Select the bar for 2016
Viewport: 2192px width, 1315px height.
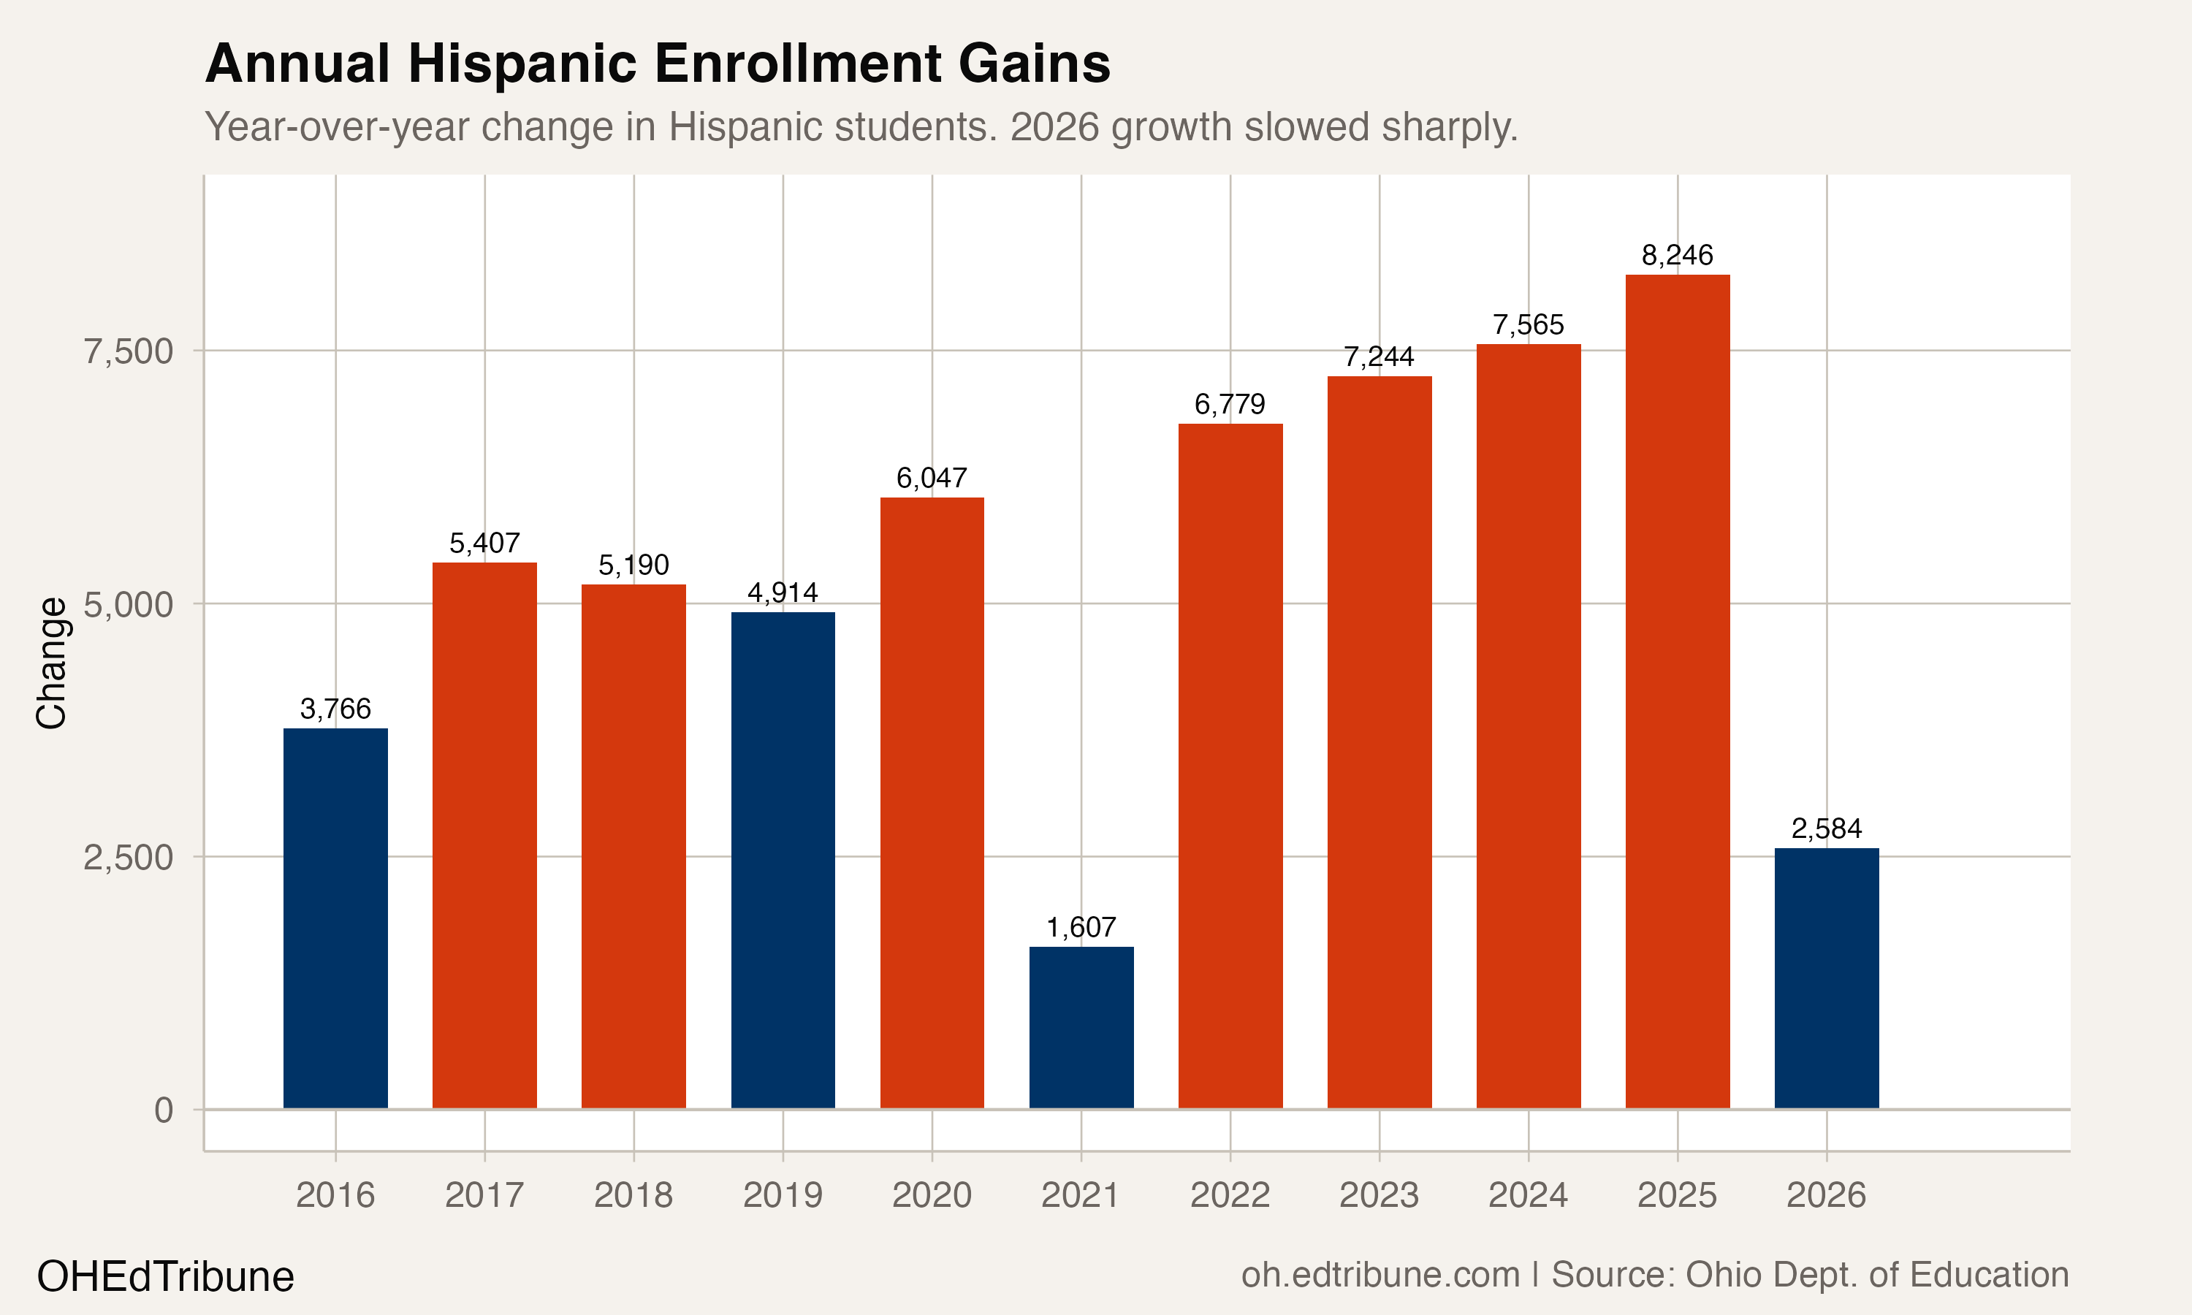335,918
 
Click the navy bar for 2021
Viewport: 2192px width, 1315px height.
1081,1027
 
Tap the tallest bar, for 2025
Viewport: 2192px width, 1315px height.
1677,691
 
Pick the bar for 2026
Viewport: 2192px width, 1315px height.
1826,978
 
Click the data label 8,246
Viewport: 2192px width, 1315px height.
1677,255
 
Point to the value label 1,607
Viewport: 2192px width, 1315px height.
1081,928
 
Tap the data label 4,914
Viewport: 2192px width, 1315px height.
783,592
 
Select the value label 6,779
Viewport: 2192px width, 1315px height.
1230,405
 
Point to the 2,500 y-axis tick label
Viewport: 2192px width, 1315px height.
128,858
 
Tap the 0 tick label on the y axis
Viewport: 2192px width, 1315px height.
164,1110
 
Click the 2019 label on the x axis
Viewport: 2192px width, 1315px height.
783,1195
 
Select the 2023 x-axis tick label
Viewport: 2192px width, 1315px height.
1379,1195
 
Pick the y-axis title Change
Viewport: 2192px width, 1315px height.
51,663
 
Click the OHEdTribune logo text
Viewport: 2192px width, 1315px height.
166,1277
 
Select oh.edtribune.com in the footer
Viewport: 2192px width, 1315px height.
1380,1275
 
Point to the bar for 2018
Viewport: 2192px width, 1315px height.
633,846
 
